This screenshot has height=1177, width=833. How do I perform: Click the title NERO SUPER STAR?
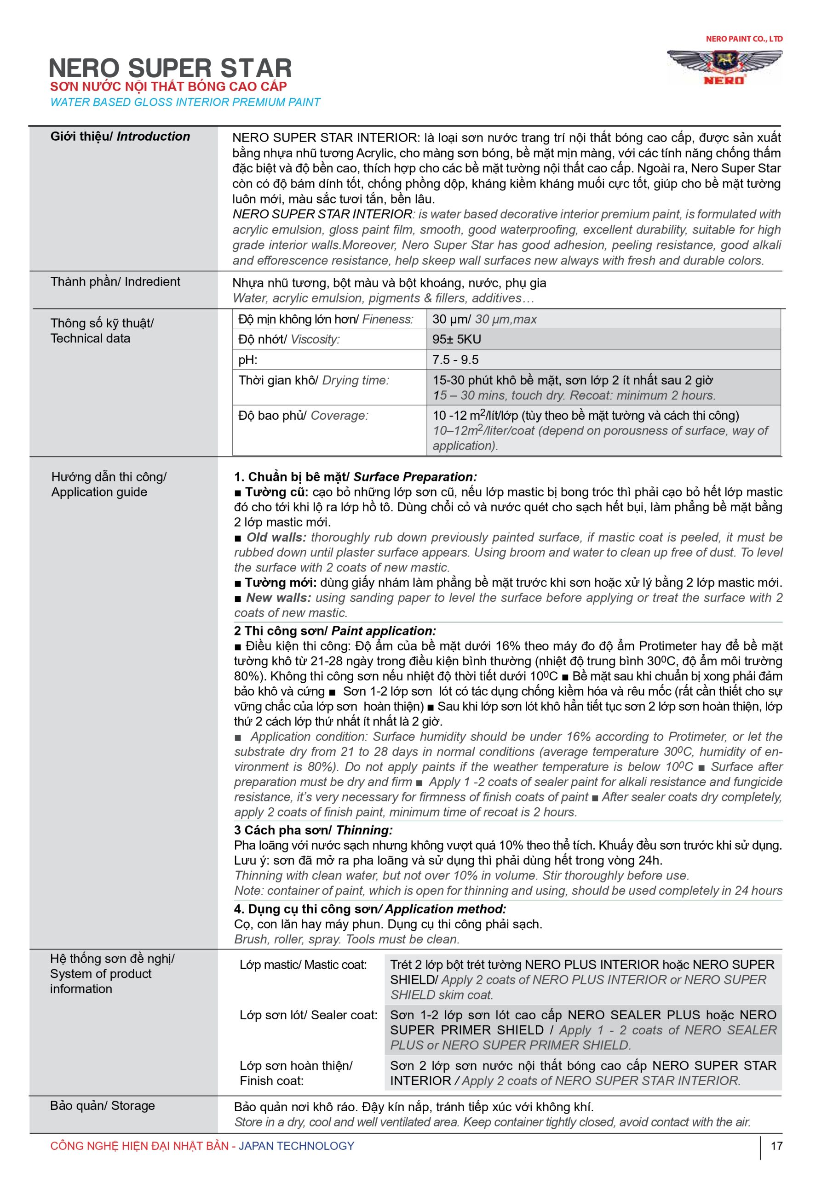tap(170, 68)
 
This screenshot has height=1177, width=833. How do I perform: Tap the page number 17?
tap(776, 1145)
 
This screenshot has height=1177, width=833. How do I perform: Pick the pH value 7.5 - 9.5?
tap(455, 360)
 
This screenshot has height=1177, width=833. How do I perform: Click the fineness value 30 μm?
tap(484, 319)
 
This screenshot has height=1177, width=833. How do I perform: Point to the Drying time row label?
tap(313, 380)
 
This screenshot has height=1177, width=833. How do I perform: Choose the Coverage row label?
tap(303, 415)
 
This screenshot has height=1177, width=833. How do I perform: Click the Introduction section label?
tap(120, 137)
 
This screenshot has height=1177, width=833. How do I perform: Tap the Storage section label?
tap(102, 1105)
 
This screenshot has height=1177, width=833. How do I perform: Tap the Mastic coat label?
tap(303, 965)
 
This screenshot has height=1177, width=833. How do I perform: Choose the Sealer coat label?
tap(308, 1015)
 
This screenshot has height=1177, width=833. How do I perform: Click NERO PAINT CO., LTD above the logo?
tap(744, 39)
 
